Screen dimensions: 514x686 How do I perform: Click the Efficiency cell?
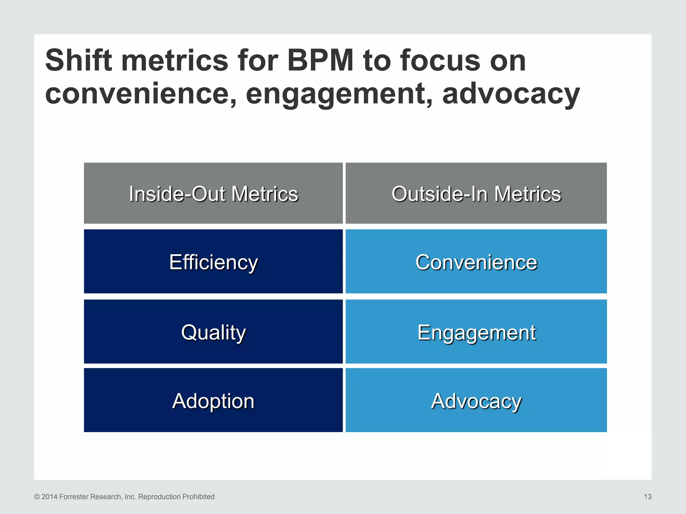(x=213, y=262)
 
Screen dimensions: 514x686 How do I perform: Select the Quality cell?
(x=213, y=332)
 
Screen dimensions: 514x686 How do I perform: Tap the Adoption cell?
(x=213, y=401)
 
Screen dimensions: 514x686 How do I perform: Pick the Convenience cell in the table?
(x=476, y=262)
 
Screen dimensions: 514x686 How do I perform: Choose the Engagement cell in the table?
(x=476, y=332)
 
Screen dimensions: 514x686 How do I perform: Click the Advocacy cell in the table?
(x=476, y=401)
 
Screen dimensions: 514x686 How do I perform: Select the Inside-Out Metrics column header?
(x=213, y=193)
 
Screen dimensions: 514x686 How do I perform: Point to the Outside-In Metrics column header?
(x=476, y=193)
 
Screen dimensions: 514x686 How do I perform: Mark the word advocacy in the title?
(x=511, y=94)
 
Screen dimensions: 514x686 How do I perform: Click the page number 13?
(x=647, y=497)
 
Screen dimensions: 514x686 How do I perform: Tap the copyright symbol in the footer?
(x=37, y=497)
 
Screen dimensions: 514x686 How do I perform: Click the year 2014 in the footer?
(x=49, y=497)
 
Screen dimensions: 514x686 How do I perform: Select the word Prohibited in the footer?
(x=199, y=497)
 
